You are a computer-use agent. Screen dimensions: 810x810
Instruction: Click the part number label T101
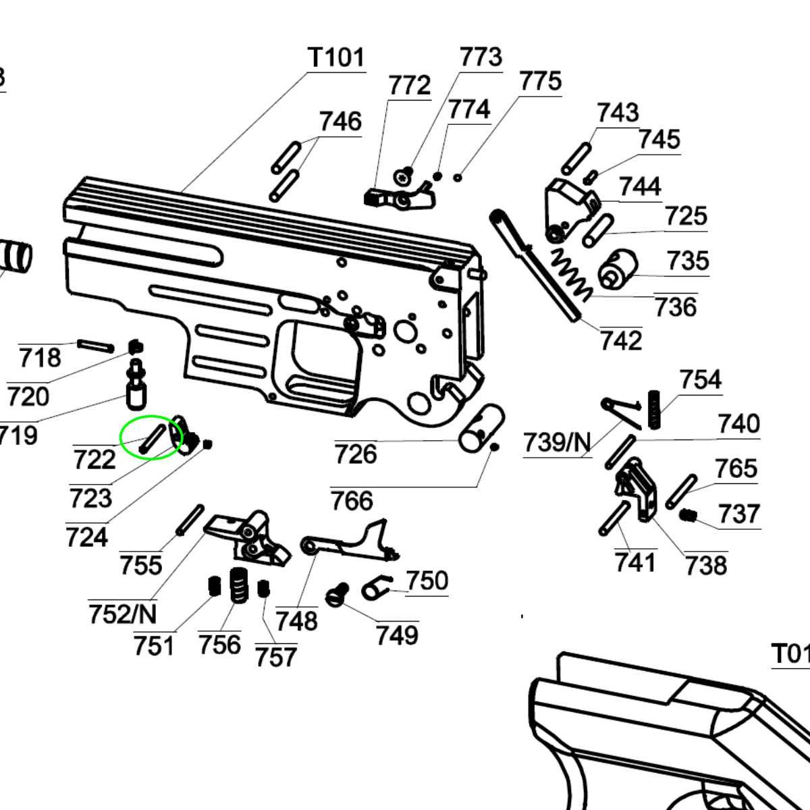[336, 57]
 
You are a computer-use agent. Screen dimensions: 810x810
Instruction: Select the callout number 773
[481, 57]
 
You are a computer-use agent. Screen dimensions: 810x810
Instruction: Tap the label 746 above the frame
[340, 122]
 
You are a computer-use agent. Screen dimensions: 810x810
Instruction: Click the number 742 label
[621, 340]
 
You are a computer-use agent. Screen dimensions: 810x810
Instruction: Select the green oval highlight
[152, 437]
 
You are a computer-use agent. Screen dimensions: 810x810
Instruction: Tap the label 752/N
[122, 614]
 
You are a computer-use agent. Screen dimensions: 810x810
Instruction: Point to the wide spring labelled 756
[238, 585]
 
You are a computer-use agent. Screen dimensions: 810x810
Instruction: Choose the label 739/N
[557, 443]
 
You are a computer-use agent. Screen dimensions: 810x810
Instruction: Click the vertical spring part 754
[653, 409]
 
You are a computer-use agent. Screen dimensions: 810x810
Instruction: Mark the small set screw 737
[687, 516]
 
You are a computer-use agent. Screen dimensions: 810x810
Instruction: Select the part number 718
[39, 357]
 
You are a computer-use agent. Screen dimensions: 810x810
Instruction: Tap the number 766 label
[352, 501]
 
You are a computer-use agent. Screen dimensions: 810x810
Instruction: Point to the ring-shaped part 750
[376, 589]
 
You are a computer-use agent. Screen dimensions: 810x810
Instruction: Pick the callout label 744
[640, 186]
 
